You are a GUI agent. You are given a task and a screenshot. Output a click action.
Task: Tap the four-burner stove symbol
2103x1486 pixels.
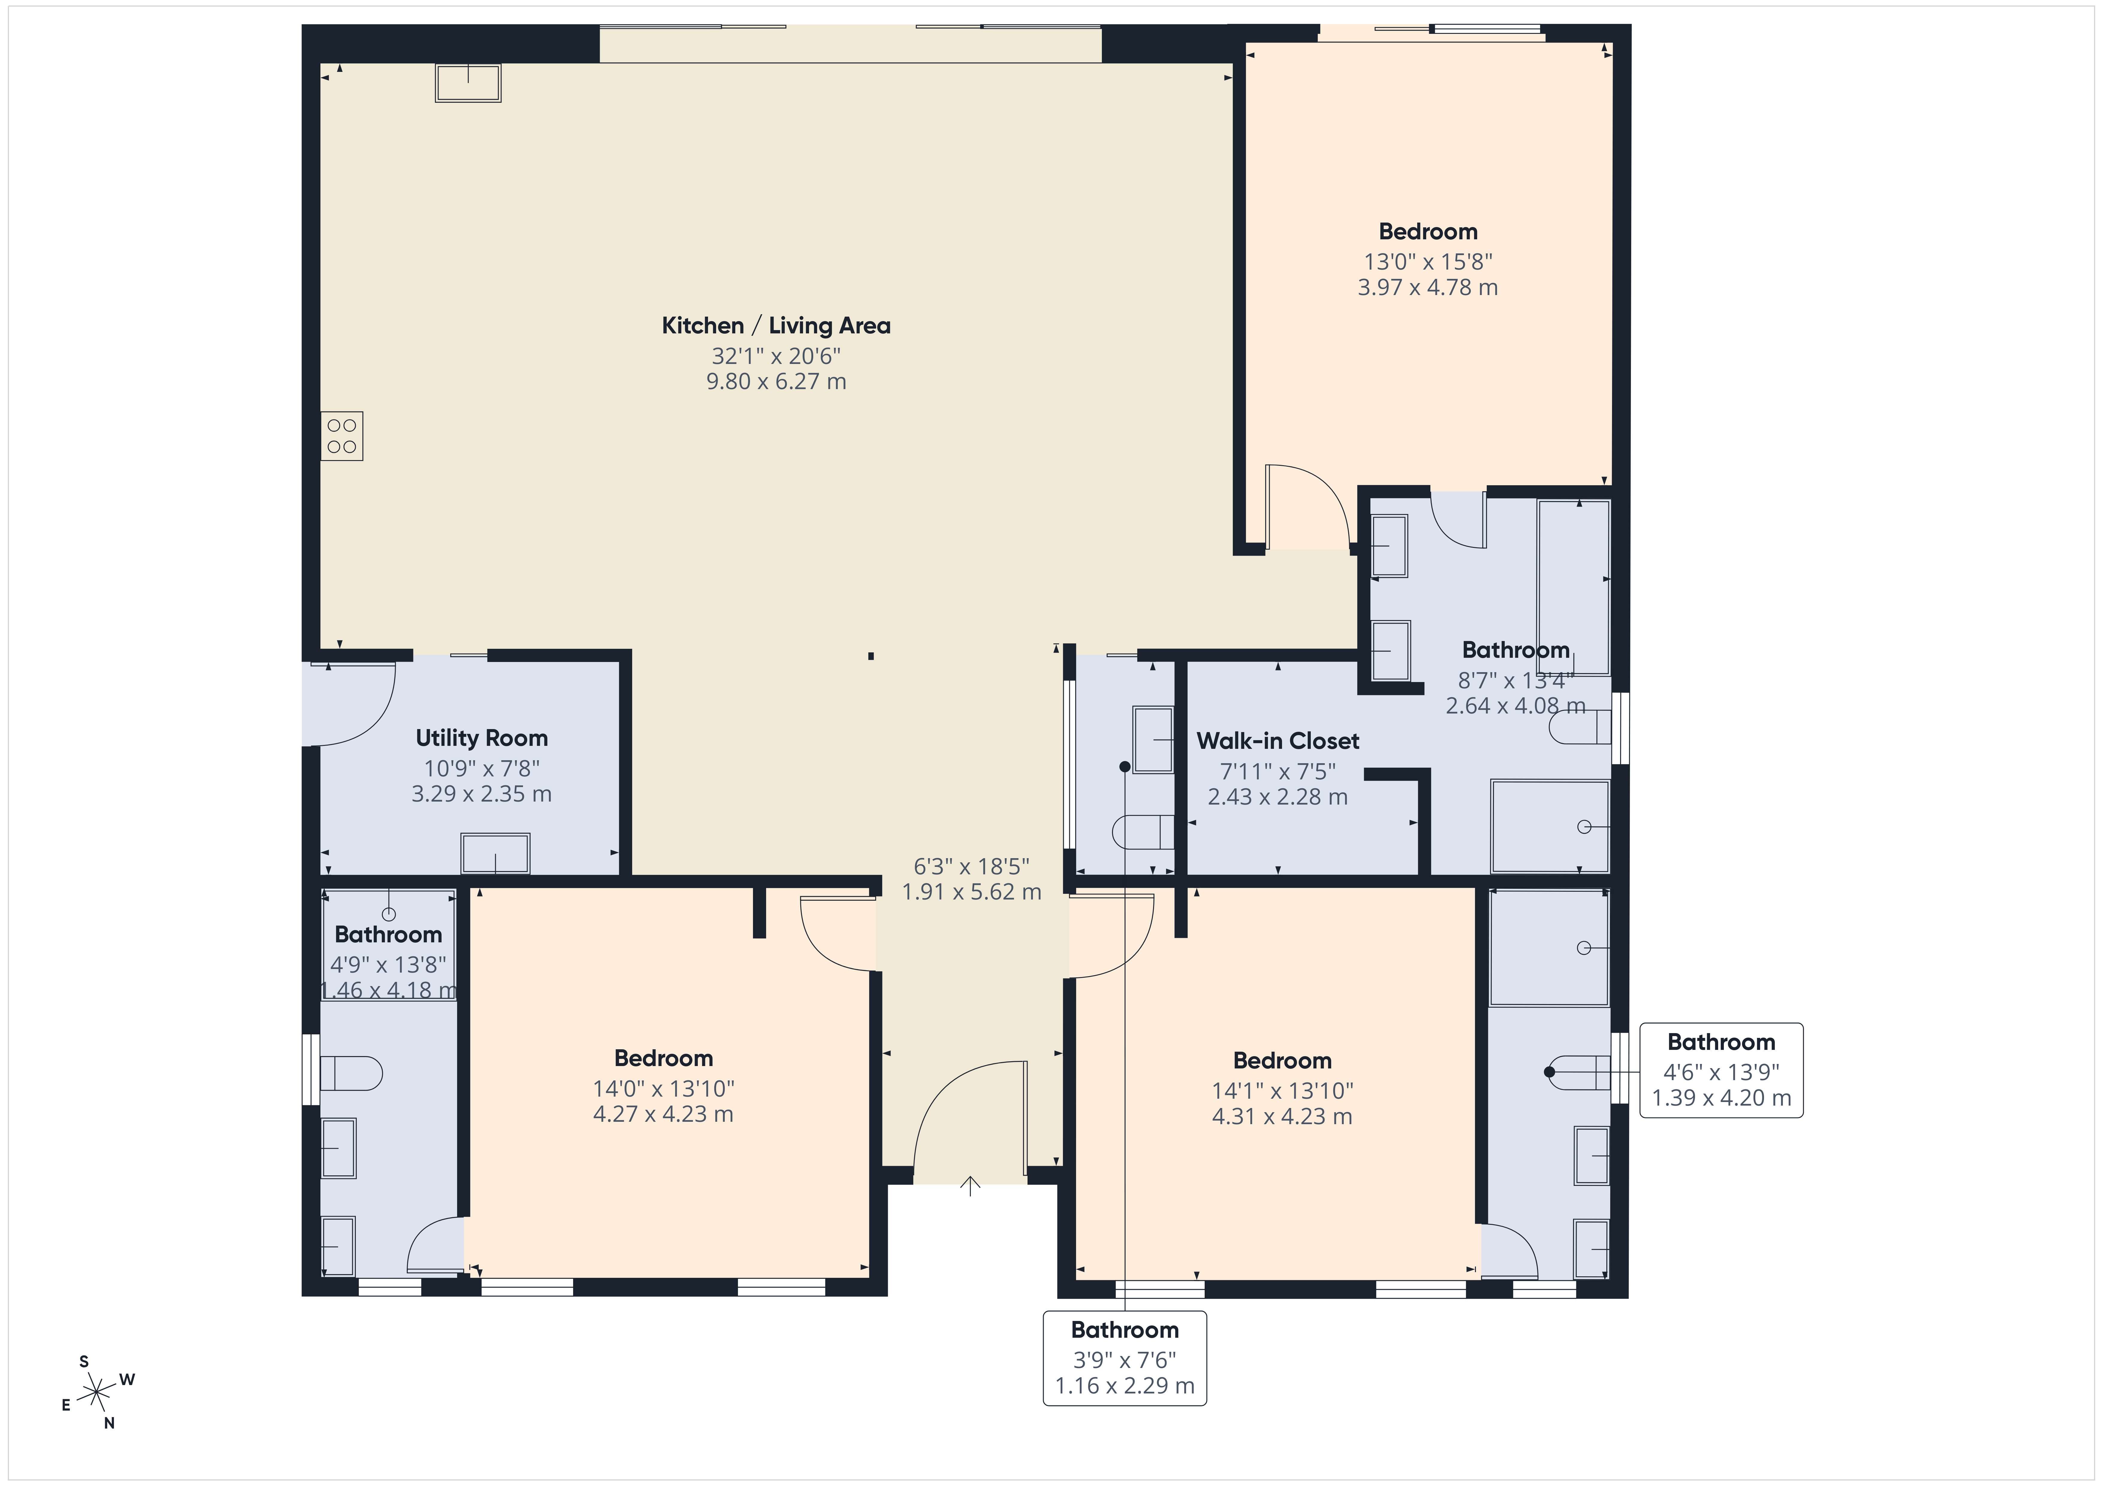click(342, 436)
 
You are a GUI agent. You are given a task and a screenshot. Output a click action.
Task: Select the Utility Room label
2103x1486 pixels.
click(482, 738)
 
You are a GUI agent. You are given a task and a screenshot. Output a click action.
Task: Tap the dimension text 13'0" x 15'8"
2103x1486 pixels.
click(1428, 262)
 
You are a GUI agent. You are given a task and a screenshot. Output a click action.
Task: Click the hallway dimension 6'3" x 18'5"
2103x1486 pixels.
click(972, 866)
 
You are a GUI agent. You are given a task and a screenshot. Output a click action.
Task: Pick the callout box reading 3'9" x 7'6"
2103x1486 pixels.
click(1125, 1358)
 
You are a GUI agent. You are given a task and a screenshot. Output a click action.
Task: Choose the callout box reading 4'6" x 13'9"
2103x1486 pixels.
click(1721, 1070)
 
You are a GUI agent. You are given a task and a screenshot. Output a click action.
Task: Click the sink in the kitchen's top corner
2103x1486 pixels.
click(468, 82)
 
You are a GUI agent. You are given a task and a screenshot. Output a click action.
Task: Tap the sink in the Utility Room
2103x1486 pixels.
click(495, 853)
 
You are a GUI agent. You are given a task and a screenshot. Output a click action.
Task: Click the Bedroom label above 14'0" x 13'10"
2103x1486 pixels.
click(663, 1059)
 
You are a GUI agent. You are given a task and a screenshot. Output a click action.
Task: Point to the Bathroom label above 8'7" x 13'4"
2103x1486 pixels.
click(1516, 650)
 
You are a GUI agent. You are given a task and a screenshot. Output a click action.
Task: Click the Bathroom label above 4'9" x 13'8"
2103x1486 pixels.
click(388, 935)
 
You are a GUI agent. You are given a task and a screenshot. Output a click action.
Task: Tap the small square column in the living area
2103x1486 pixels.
click(871, 656)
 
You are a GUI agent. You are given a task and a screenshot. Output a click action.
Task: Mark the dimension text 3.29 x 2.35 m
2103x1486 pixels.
click(482, 794)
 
